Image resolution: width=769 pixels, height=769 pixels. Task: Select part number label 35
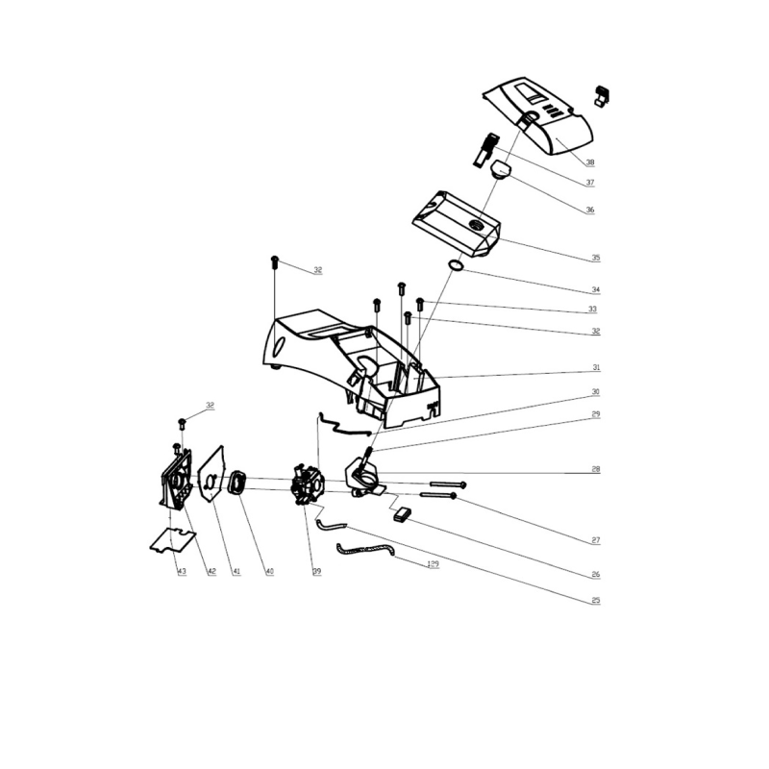595,258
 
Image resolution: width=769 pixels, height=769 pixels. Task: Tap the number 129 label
434,564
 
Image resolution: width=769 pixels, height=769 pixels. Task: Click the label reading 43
181,572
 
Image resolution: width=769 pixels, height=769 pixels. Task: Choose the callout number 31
596,368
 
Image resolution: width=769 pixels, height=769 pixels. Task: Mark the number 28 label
596,470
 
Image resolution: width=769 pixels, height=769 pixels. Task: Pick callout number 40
269,572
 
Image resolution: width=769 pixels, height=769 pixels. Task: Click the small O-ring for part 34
457,264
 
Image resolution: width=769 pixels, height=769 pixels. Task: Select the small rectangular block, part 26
402,514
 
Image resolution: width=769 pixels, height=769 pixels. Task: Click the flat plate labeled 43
172,540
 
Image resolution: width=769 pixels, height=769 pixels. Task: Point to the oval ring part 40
236,482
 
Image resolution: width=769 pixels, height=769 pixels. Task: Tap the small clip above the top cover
603,94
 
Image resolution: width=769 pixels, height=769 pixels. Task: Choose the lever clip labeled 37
485,149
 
